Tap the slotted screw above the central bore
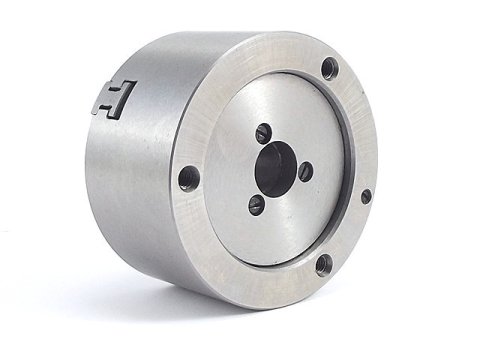(x=263, y=132)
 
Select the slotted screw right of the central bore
(x=305, y=171)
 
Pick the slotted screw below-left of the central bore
(x=256, y=204)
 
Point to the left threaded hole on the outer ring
(x=188, y=178)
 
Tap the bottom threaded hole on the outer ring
(x=323, y=264)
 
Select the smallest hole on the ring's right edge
(x=366, y=196)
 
